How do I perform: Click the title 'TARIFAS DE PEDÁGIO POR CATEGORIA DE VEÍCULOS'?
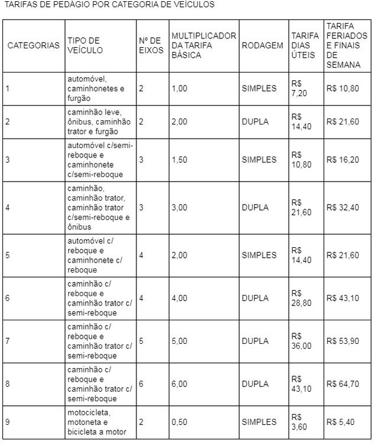109,5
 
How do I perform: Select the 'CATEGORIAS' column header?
33,45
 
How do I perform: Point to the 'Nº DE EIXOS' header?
151,45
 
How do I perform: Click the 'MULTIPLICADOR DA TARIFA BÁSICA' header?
203,45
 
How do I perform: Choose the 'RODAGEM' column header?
262,45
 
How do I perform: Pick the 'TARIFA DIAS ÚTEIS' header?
305,45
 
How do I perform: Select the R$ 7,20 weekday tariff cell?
300,88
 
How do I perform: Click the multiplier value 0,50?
179,422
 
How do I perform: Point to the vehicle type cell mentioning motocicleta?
97,422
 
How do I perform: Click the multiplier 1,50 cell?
179,160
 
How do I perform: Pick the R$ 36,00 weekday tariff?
301,341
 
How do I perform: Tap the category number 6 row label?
7,298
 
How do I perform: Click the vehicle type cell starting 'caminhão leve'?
99,122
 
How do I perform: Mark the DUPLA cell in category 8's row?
255,384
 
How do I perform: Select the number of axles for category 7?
141,341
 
